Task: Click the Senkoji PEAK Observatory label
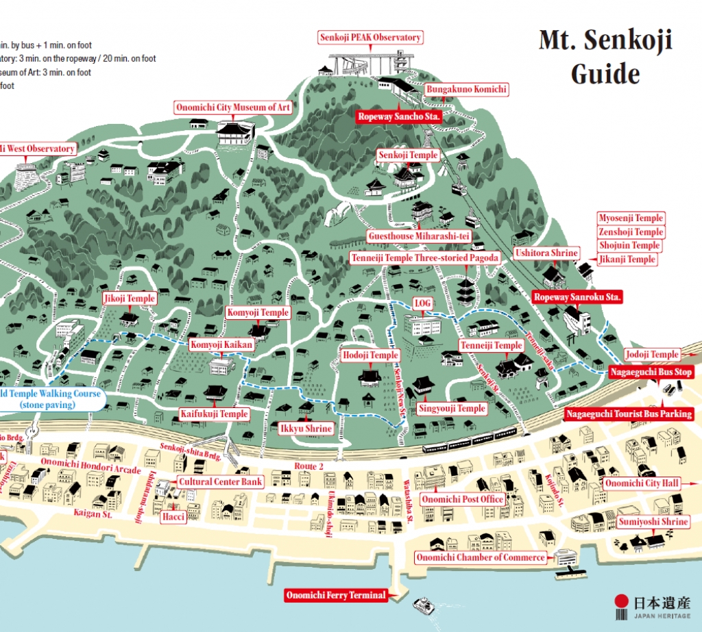click(x=370, y=37)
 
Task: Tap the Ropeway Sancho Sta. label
click(x=399, y=117)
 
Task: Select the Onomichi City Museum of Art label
click(x=233, y=108)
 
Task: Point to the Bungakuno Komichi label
click(x=466, y=90)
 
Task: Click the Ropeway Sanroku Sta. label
click(x=577, y=297)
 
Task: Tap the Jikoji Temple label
click(x=130, y=299)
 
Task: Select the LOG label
click(x=421, y=303)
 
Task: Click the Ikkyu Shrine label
click(x=306, y=429)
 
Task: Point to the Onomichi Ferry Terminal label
click(x=336, y=595)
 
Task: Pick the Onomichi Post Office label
click(x=463, y=499)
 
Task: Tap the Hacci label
click(x=173, y=517)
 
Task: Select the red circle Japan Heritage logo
click(x=621, y=603)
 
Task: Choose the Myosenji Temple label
click(x=631, y=218)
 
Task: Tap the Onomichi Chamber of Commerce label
click(x=481, y=557)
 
